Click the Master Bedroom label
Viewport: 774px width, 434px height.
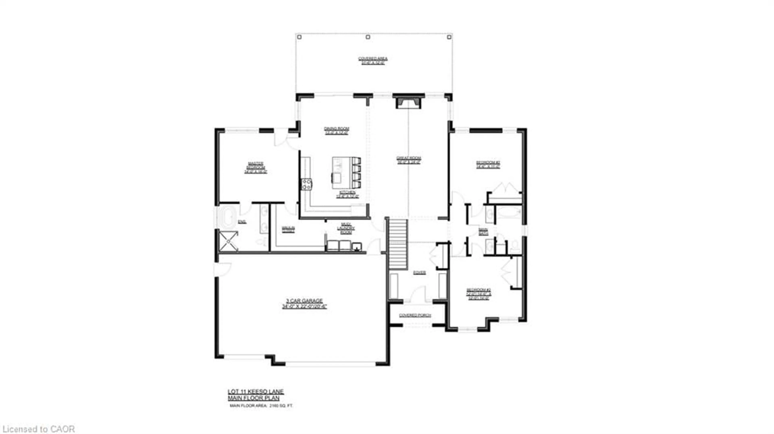(x=256, y=168)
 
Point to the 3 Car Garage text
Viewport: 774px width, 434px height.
(x=304, y=303)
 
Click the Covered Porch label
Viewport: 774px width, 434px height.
(x=415, y=315)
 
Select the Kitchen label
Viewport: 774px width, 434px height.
(x=347, y=194)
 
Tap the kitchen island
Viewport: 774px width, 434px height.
(x=342, y=170)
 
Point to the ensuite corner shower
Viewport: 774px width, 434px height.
(x=228, y=241)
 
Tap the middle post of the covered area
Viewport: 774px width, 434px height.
(x=368, y=37)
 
